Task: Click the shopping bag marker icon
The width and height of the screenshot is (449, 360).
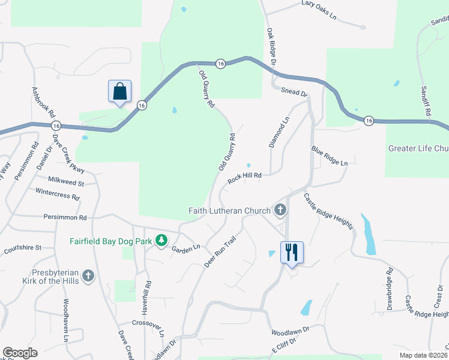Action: pyautogui.click(x=120, y=92)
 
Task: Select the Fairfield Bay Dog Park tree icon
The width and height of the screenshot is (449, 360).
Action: pyautogui.click(x=161, y=241)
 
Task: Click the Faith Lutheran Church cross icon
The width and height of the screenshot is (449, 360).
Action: pyautogui.click(x=280, y=210)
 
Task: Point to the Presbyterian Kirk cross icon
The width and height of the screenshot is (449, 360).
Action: pyautogui.click(x=88, y=275)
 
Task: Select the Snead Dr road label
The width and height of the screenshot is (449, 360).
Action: pyautogui.click(x=294, y=93)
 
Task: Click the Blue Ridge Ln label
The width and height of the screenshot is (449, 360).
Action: pyautogui.click(x=329, y=155)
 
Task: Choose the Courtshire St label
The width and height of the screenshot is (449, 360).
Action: pyautogui.click(x=22, y=247)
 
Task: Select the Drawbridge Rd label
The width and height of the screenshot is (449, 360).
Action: pyautogui.click(x=390, y=285)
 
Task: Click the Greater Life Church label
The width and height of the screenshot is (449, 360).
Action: pyautogui.click(x=418, y=148)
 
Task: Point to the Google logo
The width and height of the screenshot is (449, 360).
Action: pyautogui.click(x=20, y=352)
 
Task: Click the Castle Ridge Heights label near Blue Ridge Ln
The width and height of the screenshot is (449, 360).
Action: pyautogui.click(x=328, y=211)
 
